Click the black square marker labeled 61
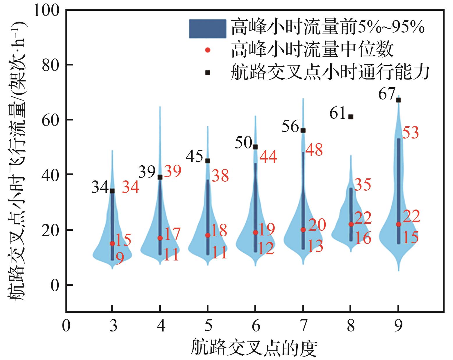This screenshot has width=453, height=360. [x=351, y=117]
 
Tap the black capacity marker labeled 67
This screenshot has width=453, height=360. [x=399, y=100]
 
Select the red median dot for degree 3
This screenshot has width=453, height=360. [x=112, y=243]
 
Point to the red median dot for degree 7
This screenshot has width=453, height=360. [x=303, y=230]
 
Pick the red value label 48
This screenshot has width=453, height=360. [x=314, y=150]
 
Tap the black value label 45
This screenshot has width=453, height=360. [x=195, y=157]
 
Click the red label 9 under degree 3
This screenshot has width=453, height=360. [x=120, y=258]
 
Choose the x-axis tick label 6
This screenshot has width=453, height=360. [x=256, y=327]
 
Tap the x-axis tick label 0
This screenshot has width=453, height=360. [x=66, y=327]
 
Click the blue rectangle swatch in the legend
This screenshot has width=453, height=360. [x=207, y=29]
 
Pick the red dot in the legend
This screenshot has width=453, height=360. [x=207, y=50]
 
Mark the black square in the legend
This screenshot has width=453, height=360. [x=207, y=72]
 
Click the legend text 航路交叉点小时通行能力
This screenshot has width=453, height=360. [x=330, y=72]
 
